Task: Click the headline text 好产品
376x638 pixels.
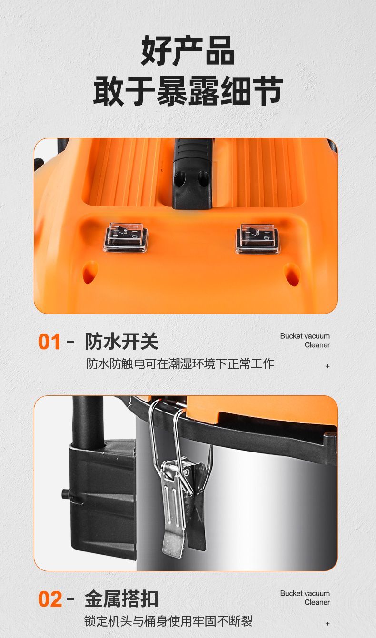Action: pyautogui.click(x=188, y=51)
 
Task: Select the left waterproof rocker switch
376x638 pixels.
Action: pyautogui.click(x=126, y=238)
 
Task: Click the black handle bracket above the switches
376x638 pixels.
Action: pyautogui.click(x=193, y=174)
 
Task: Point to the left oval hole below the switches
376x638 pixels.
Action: pyautogui.click(x=90, y=272)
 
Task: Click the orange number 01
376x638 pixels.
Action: pyautogui.click(x=49, y=342)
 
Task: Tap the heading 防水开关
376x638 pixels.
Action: pyautogui.click(x=122, y=341)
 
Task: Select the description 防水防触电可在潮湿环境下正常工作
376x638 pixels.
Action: pyautogui.click(x=180, y=363)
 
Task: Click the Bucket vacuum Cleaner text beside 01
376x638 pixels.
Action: pyautogui.click(x=305, y=340)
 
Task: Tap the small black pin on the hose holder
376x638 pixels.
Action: pyautogui.click(x=66, y=493)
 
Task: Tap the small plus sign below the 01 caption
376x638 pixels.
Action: pyautogui.click(x=327, y=366)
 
